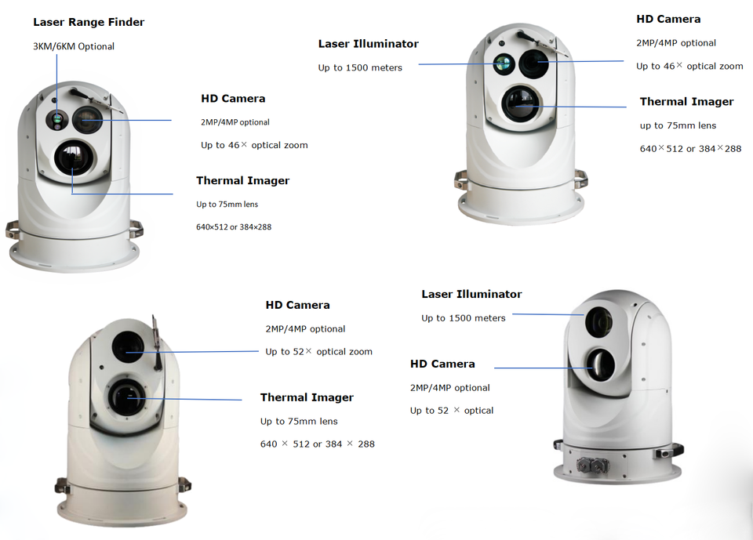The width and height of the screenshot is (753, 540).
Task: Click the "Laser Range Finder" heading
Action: click(x=89, y=23)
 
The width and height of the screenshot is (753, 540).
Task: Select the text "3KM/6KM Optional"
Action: click(x=74, y=46)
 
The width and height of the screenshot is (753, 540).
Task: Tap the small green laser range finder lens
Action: click(x=57, y=120)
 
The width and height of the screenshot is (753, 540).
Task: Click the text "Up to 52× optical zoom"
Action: click(x=318, y=352)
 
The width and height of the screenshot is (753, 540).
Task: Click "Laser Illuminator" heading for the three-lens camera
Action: click(x=368, y=44)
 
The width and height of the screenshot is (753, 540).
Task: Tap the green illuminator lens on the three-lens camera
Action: click(x=503, y=64)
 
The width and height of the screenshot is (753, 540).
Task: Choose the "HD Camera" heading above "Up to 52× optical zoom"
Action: click(x=297, y=305)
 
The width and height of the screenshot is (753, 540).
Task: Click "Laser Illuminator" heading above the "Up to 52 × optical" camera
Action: click(x=471, y=294)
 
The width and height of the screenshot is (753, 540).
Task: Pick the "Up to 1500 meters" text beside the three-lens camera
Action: click(x=360, y=67)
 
